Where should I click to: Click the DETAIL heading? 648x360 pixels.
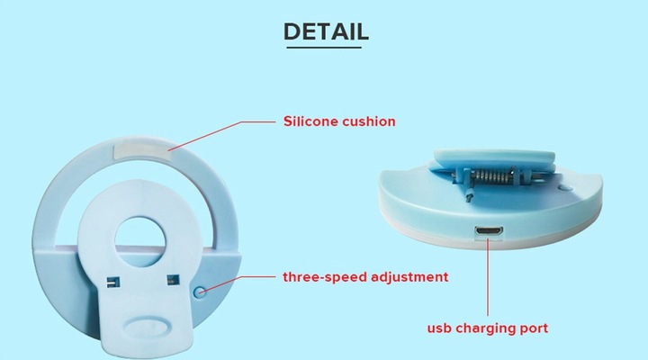(x=326, y=31)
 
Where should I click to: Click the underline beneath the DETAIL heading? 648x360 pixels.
(x=324, y=47)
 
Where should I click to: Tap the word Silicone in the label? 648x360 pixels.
(x=308, y=121)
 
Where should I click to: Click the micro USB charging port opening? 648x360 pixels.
(x=489, y=231)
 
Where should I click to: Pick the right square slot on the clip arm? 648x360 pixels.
(x=173, y=280)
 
